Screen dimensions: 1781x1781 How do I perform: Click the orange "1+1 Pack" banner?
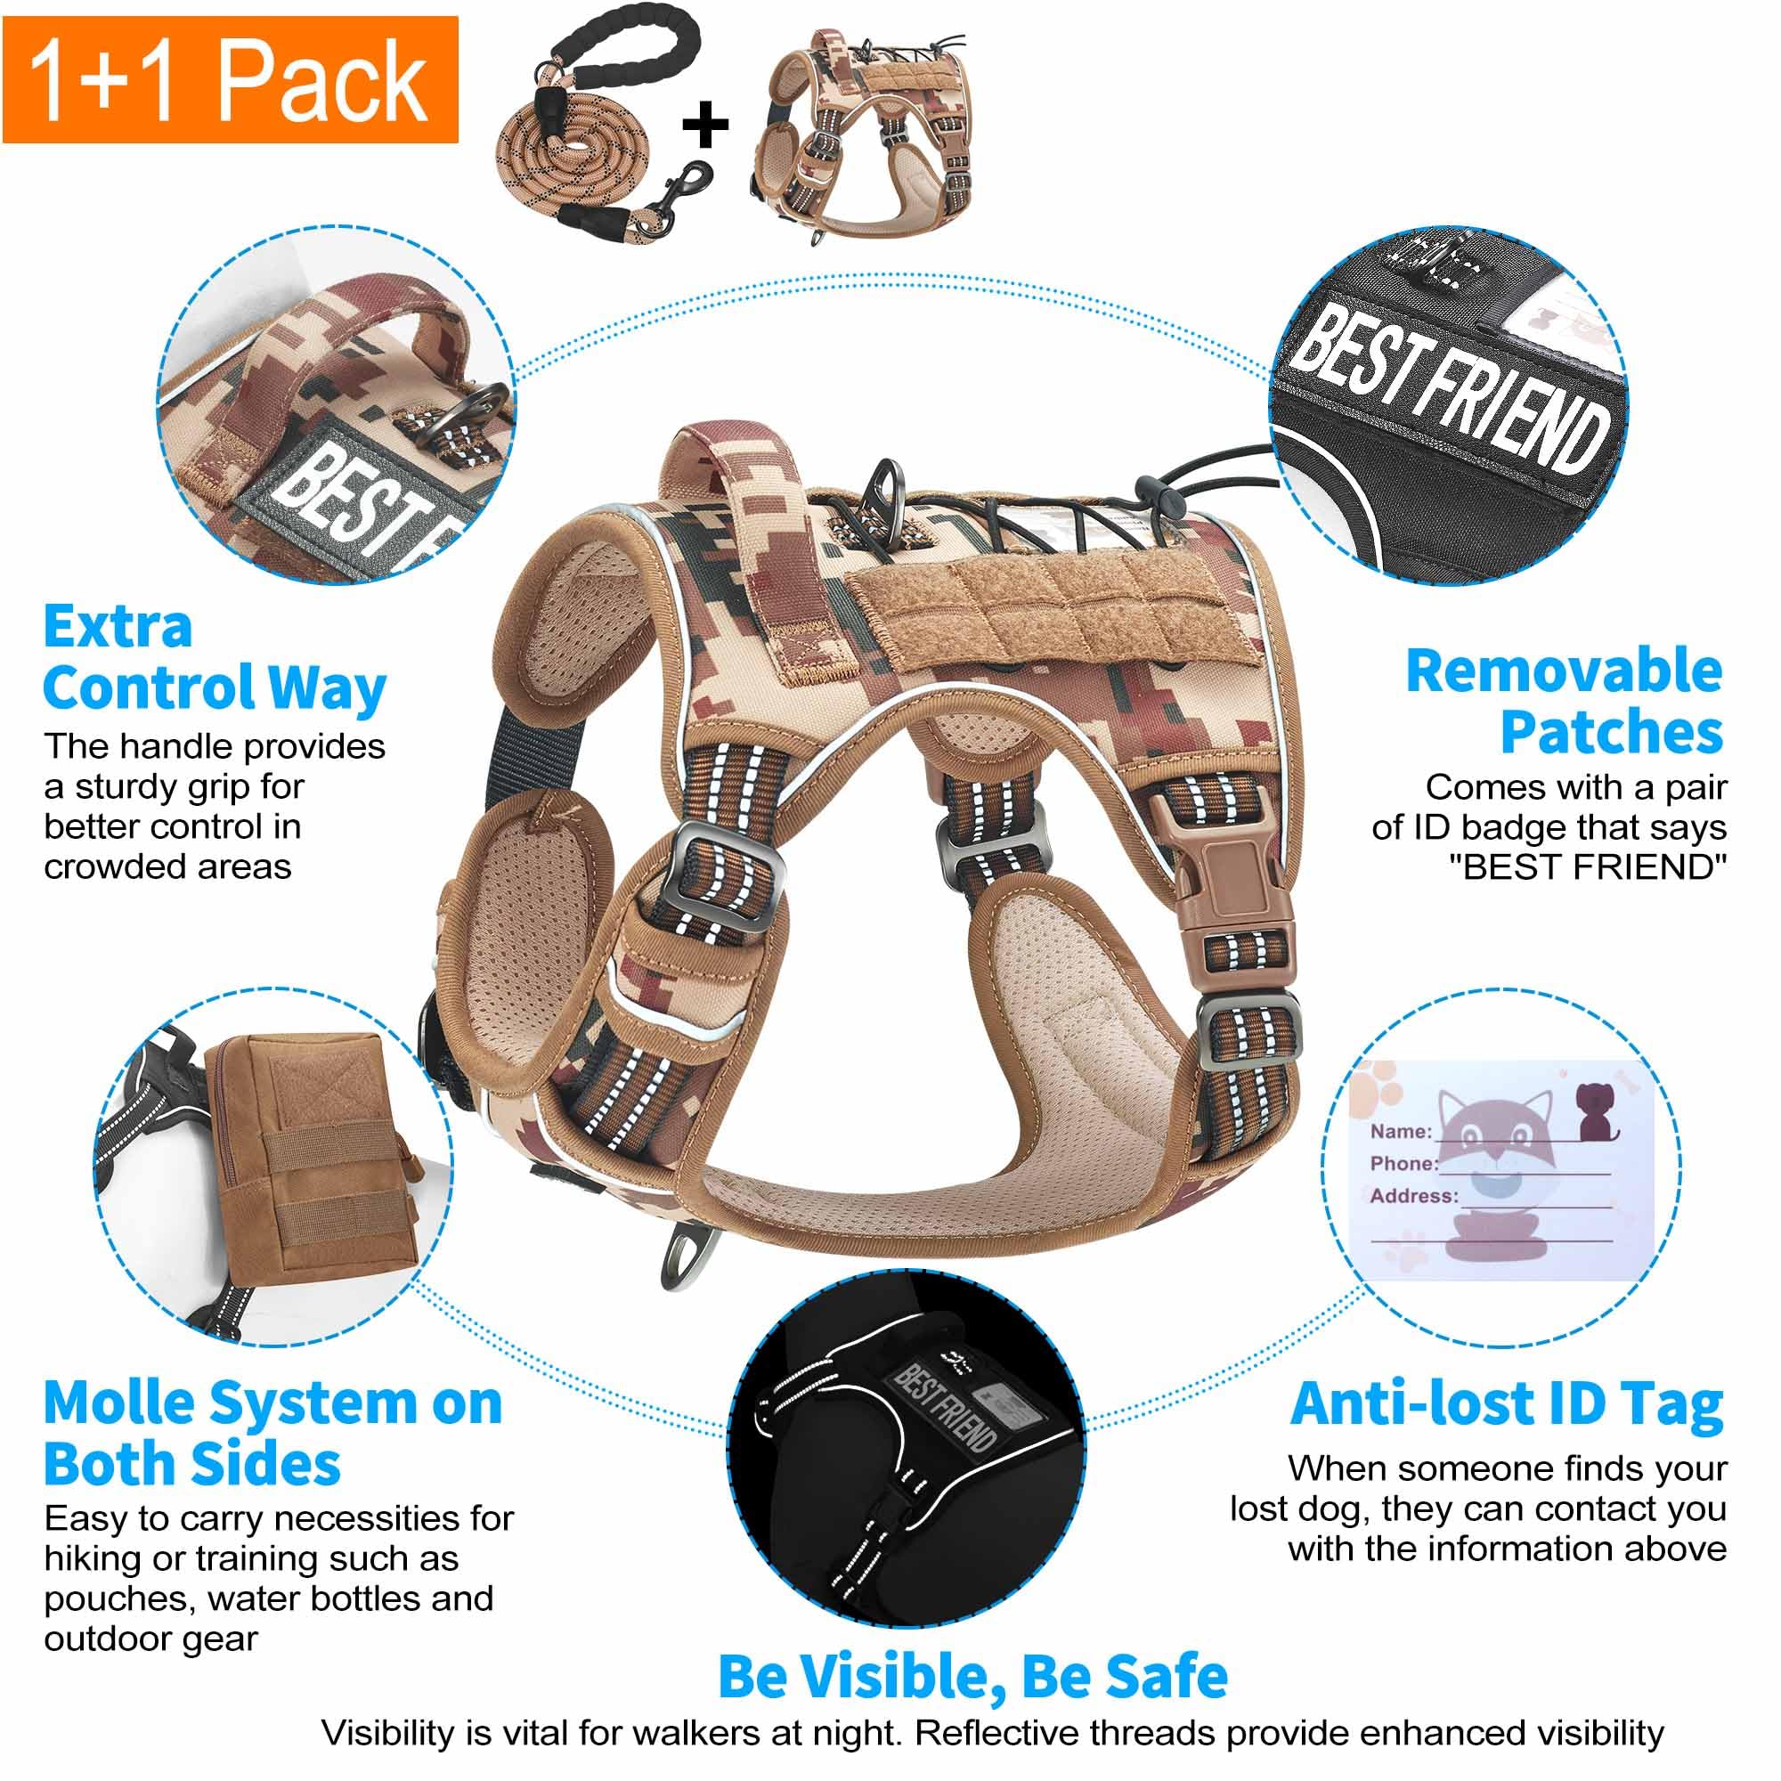231,80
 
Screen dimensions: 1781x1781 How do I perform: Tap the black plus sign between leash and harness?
705,126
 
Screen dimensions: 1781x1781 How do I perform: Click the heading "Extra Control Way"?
214,658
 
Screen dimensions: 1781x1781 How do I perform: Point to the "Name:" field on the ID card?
1400,1131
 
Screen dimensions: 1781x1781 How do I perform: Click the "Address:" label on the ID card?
1414,1196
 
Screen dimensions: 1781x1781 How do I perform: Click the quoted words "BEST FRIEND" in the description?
1587,867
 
